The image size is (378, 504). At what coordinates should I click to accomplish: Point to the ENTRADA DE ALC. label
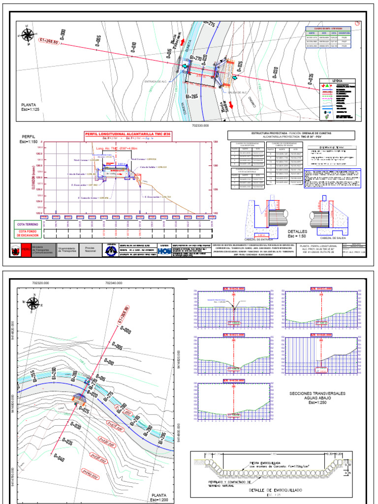click(x=158, y=82)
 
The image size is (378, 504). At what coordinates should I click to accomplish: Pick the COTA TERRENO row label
click(x=29, y=224)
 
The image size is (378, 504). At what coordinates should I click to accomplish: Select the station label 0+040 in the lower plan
click(x=58, y=462)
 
